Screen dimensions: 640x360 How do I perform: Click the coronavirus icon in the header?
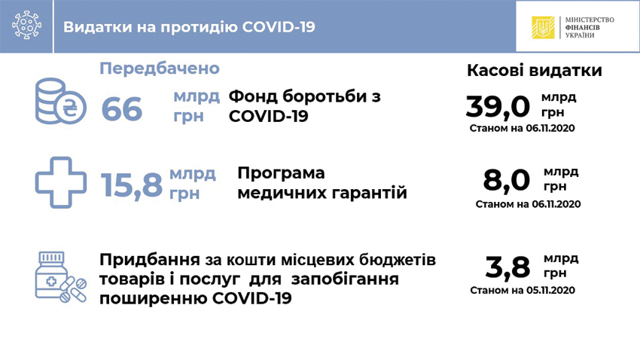[26, 26]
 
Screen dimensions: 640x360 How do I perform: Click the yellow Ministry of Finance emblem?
[543, 27]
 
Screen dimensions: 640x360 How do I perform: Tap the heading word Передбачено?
[160, 69]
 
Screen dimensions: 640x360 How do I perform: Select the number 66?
[122, 109]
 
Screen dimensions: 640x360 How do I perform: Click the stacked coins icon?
[60, 101]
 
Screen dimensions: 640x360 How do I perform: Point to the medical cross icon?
[61, 182]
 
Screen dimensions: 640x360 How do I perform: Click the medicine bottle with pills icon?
[61, 277]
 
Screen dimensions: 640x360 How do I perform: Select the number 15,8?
[132, 185]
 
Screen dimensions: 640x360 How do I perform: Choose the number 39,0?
[498, 107]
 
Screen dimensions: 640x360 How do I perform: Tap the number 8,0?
[506, 181]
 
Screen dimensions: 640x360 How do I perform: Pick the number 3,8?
[507, 268]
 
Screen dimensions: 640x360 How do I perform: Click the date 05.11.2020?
[550, 290]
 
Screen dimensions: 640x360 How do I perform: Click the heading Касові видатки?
[535, 70]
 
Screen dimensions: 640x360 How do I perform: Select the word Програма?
[281, 173]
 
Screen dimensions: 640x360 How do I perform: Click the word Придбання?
[149, 260]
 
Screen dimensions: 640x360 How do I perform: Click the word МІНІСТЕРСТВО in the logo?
[590, 20]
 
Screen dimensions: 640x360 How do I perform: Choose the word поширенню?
[153, 298]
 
